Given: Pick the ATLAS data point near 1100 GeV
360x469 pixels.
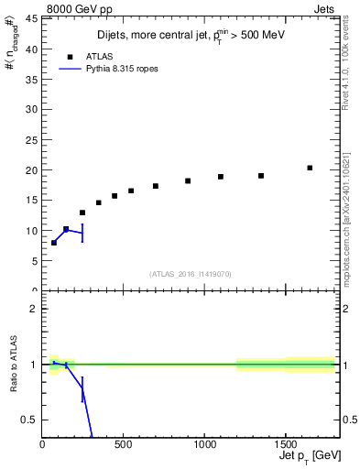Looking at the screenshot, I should point(221,177).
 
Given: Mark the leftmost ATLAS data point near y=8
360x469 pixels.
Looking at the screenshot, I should point(54,243).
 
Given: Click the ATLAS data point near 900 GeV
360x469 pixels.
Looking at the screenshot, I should point(188,180).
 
